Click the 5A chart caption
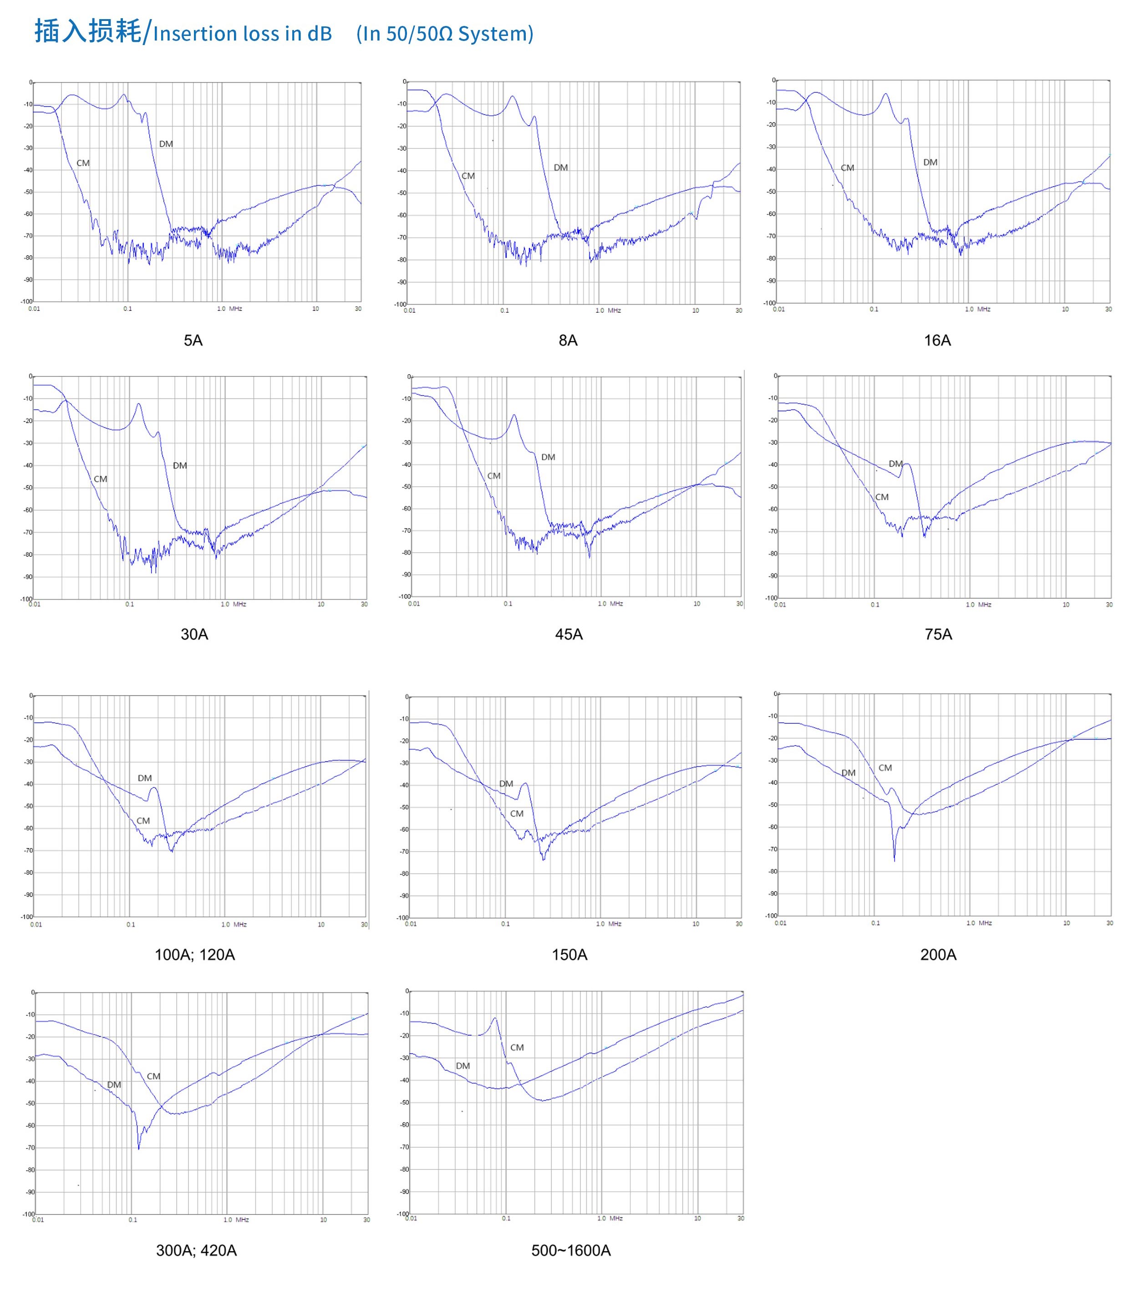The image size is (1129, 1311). pos(193,340)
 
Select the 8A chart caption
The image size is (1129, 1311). pos(568,340)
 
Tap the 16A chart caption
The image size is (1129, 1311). pos(937,340)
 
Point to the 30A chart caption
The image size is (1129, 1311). pos(194,634)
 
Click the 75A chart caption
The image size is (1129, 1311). pos(938,634)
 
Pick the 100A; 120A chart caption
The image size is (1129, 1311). pos(195,954)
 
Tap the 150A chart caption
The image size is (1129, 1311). pos(570,954)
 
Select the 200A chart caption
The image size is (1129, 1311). pos(938,954)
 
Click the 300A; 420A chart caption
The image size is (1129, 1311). pos(196,1250)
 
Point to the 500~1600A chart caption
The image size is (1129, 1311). pos(571,1250)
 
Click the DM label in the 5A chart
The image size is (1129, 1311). pos(166,144)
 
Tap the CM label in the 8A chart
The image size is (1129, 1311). pos(468,176)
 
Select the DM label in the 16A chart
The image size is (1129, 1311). pos(930,163)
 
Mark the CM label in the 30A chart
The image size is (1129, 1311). pos(101,479)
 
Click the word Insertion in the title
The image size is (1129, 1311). pos(193,34)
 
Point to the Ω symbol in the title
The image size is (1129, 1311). pos(446,34)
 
